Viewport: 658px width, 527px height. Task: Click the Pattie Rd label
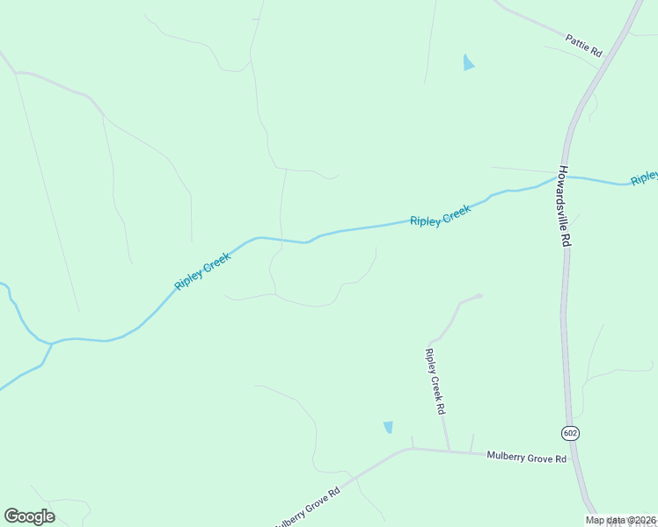coord(584,46)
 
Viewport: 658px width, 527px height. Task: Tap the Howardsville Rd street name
coord(565,207)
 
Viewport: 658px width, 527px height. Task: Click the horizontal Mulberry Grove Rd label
coord(528,458)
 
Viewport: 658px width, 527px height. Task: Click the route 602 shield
coord(570,433)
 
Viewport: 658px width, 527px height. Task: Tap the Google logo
coord(29,516)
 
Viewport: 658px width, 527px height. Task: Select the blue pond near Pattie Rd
coord(468,62)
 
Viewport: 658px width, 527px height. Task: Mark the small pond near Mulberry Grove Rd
coord(388,428)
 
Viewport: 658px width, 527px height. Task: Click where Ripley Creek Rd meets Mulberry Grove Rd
coord(450,451)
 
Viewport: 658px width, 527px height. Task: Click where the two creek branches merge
coord(50,343)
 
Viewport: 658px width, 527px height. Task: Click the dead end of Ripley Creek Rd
coord(479,296)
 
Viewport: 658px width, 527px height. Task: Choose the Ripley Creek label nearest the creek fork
coord(202,272)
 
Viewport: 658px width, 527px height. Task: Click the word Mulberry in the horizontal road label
coord(507,457)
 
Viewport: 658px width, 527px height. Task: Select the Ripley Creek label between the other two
coord(440,215)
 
